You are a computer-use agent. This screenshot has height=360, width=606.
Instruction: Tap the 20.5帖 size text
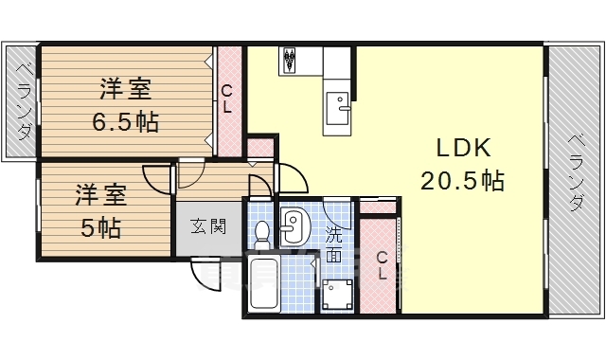click(x=461, y=179)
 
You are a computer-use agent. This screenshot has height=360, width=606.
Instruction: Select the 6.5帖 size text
click(x=125, y=121)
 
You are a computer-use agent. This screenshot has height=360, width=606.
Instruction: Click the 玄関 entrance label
click(x=207, y=227)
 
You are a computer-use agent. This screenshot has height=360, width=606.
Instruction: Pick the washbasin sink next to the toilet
click(x=293, y=225)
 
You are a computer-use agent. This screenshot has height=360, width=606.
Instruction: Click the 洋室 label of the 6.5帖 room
click(x=125, y=90)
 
